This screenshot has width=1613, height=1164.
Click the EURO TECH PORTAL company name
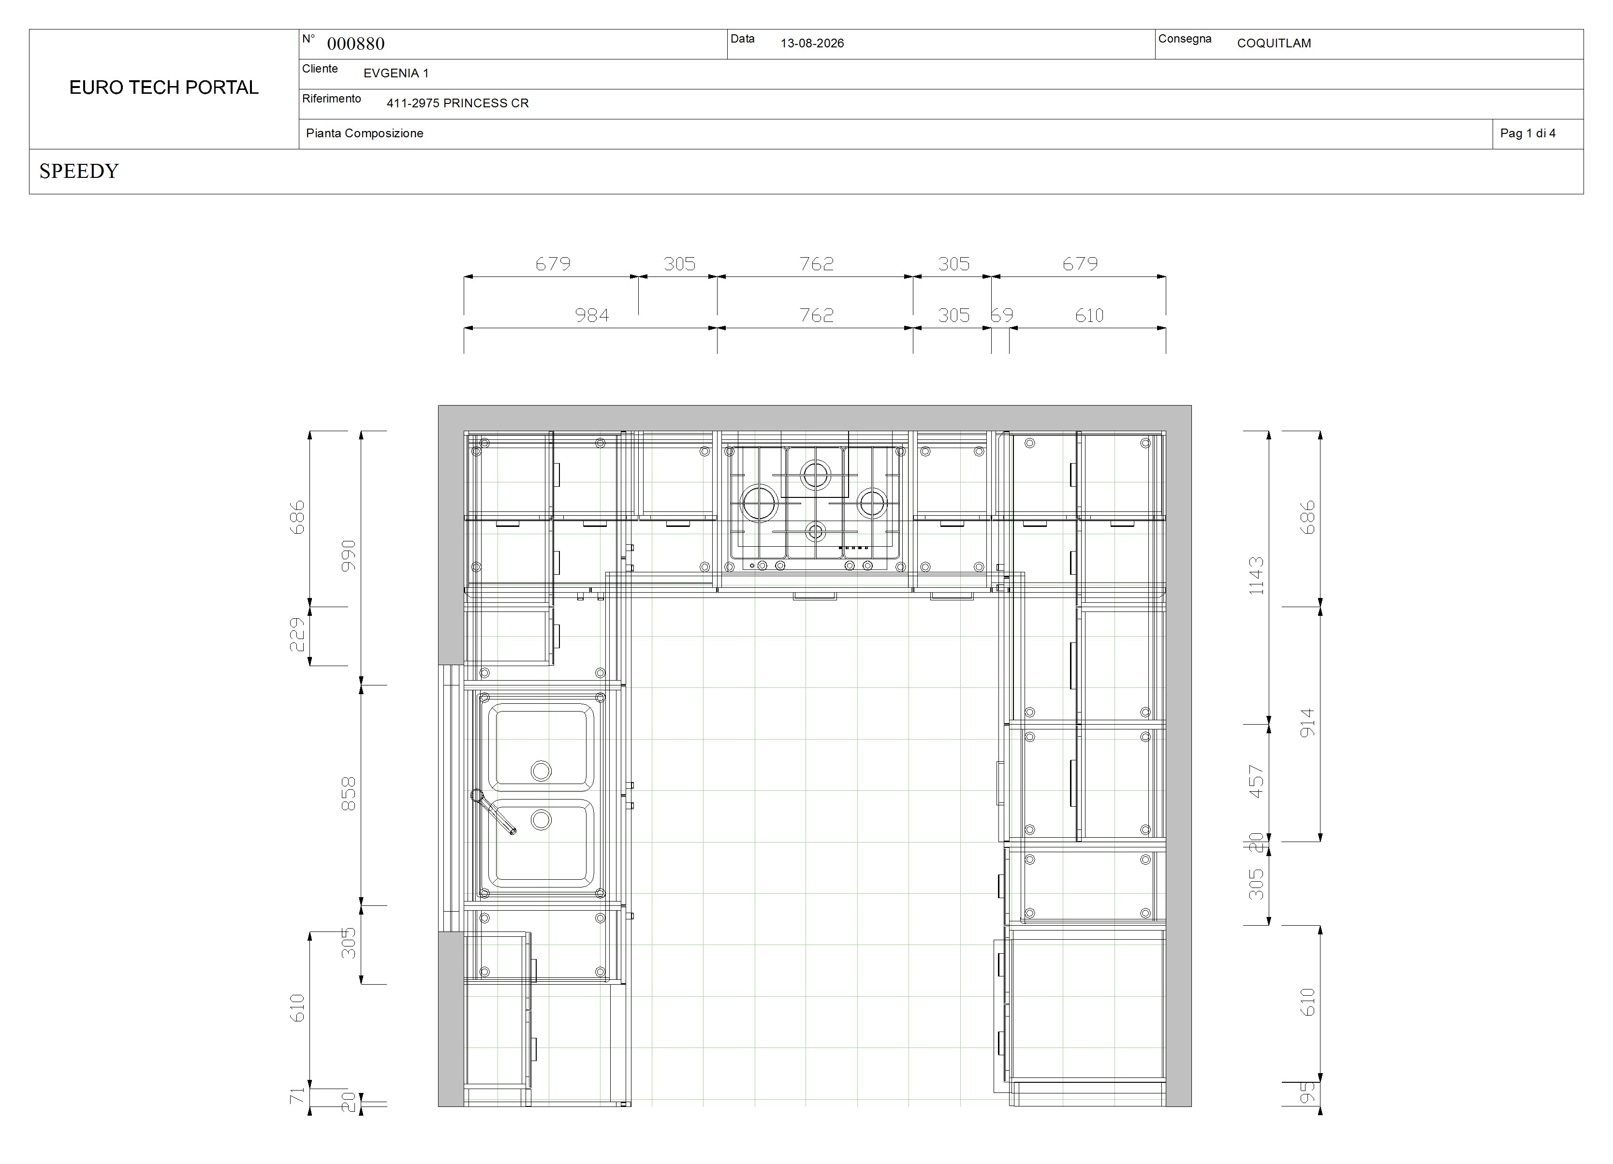[x=163, y=87]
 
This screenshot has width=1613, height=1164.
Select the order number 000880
[x=355, y=44]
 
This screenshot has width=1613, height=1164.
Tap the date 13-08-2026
[x=812, y=44]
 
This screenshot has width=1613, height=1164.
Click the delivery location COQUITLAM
[x=1274, y=44]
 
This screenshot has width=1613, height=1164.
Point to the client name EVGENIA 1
[x=396, y=73]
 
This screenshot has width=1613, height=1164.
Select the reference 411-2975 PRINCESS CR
[x=457, y=103]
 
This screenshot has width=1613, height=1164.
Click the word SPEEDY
[x=79, y=172]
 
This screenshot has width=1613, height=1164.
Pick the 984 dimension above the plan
[x=592, y=315]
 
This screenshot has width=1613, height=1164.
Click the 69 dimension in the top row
[x=1002, y=315]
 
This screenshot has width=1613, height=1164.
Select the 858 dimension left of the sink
[x=349, y=794]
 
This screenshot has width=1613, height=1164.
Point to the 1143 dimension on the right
[x=1256, y=576]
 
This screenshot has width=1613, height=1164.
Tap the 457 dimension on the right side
[x=1256, y=782]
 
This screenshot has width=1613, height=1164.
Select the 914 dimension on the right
[x=1307, y=723]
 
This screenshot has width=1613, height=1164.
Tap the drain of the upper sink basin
[x=541, y=771]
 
